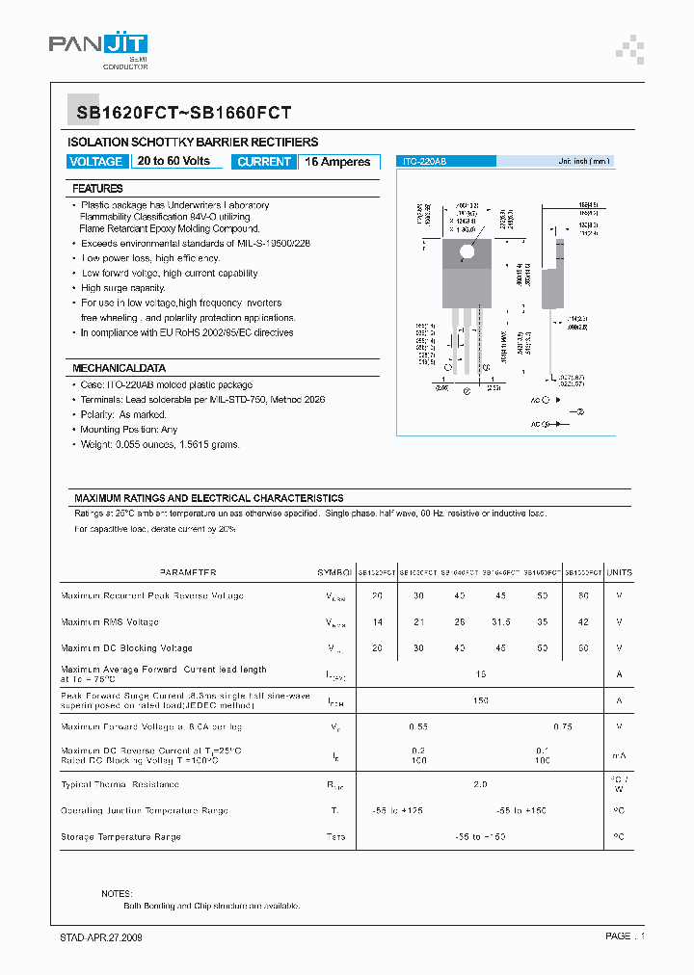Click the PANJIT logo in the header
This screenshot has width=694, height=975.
click(98, 44)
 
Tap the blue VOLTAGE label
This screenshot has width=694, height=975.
click(96, 162)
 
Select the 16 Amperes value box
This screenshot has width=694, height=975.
click(337, 162)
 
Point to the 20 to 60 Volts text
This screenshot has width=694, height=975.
click(173, 162)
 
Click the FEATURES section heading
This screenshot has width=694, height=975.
click(97, 189)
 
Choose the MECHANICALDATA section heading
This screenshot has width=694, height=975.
click(119, 368)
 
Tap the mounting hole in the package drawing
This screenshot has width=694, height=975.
click(467, 251)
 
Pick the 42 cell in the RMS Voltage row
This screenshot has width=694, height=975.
click(583, 622)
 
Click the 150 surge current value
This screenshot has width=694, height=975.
click(480, 700)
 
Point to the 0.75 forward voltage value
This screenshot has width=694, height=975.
click(563, 726)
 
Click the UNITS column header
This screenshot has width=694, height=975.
click(619, 572)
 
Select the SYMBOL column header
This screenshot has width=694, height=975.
click(334, 572)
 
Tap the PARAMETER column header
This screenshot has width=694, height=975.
click(188, 572)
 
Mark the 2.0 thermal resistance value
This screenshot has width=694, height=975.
click(480, 784)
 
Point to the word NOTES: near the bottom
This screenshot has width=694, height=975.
click(117, 894)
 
